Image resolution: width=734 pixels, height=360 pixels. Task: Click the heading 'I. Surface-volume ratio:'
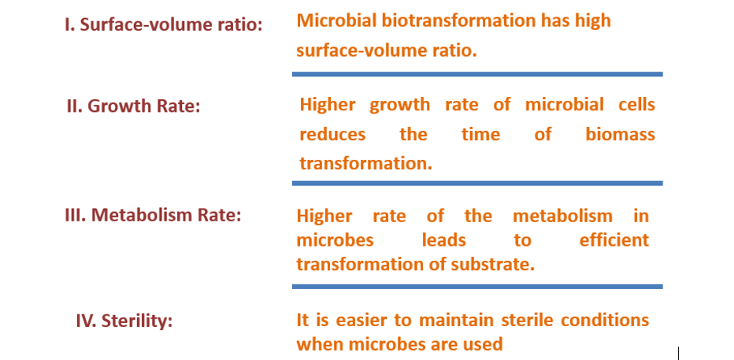tap(163, 24)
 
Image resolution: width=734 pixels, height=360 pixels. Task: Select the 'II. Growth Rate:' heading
tap(133, 106)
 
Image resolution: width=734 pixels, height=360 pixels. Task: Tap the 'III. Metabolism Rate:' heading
tap(153, 214)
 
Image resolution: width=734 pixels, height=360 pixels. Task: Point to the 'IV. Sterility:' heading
tap(124, 321)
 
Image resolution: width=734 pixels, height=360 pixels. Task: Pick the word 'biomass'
tap(620, 134)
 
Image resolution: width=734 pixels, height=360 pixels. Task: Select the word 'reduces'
tap(332, 134)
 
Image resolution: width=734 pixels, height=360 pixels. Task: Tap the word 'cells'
tap(635, 105)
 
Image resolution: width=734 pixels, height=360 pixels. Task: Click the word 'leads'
tap(443, 239)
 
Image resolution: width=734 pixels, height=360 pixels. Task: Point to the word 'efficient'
tap(614, 239)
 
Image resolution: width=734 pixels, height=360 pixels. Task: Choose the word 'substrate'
tap(495, 265)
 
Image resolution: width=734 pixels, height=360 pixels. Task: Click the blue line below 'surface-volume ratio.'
tap(477, 74)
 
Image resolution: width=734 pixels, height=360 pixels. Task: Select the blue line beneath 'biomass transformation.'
tap(477, 184)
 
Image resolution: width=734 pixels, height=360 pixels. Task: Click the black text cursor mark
tap(678, 352)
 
